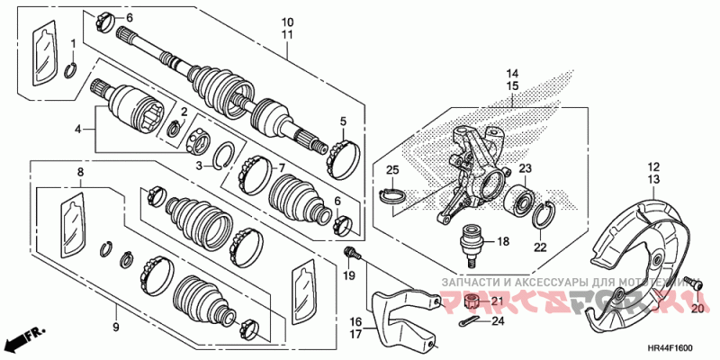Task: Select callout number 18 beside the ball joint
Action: [502, 241]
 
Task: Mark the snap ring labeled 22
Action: [544, 217]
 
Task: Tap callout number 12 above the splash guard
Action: [652, 166]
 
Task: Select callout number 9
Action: [115, 327]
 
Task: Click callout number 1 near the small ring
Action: [74, 43]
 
